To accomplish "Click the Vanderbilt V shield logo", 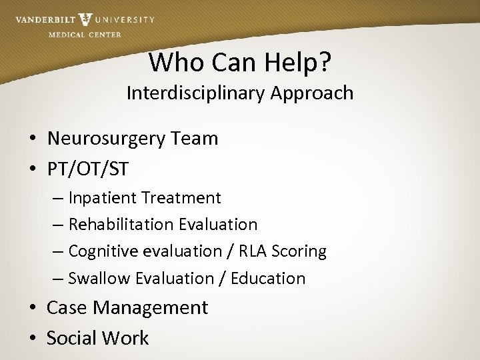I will [85, 20].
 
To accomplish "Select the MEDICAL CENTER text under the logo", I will [85, 35].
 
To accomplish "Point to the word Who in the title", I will [172, 62].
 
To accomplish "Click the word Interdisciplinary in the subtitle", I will [196, 93].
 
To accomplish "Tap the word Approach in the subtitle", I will [312, 93].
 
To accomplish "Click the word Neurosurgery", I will [108, 139].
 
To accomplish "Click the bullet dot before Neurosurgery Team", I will [32, 139].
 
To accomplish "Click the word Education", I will [268, 278].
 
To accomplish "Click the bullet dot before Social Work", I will [32, 339].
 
